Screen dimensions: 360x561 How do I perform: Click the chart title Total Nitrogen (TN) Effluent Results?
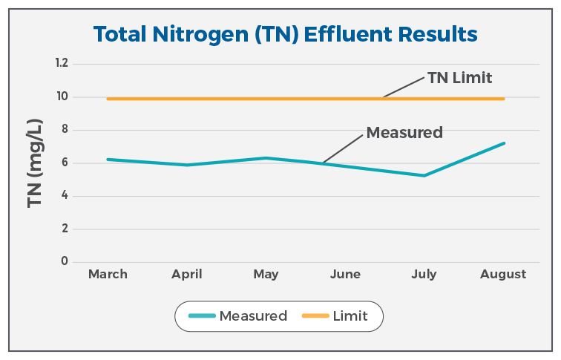click(285, 33)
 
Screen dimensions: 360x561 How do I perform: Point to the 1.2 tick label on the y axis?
click(61, 64)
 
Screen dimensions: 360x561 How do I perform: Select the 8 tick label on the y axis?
click(64, 130)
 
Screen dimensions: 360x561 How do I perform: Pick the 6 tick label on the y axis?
click(64, 163)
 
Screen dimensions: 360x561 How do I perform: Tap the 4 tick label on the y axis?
click(64, 196)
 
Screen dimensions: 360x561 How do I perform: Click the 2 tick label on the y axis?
click(64, 229)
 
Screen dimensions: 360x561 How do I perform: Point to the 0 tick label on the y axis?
click(64, 261)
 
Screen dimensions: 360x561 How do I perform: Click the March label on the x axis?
click(108, 274)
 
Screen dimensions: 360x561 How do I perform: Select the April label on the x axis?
click(186, 274)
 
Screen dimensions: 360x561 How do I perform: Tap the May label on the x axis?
click(266, 274)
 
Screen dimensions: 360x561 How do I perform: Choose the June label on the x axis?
click(345, 274)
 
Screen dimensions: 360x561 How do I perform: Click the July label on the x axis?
click(424, 274)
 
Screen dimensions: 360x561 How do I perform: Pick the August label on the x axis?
click(503, 274)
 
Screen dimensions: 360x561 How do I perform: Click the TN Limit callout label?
click(460, 77)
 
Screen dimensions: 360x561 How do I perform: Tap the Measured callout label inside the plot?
click(404, 133)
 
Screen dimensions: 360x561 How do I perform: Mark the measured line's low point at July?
click(424, 175)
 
